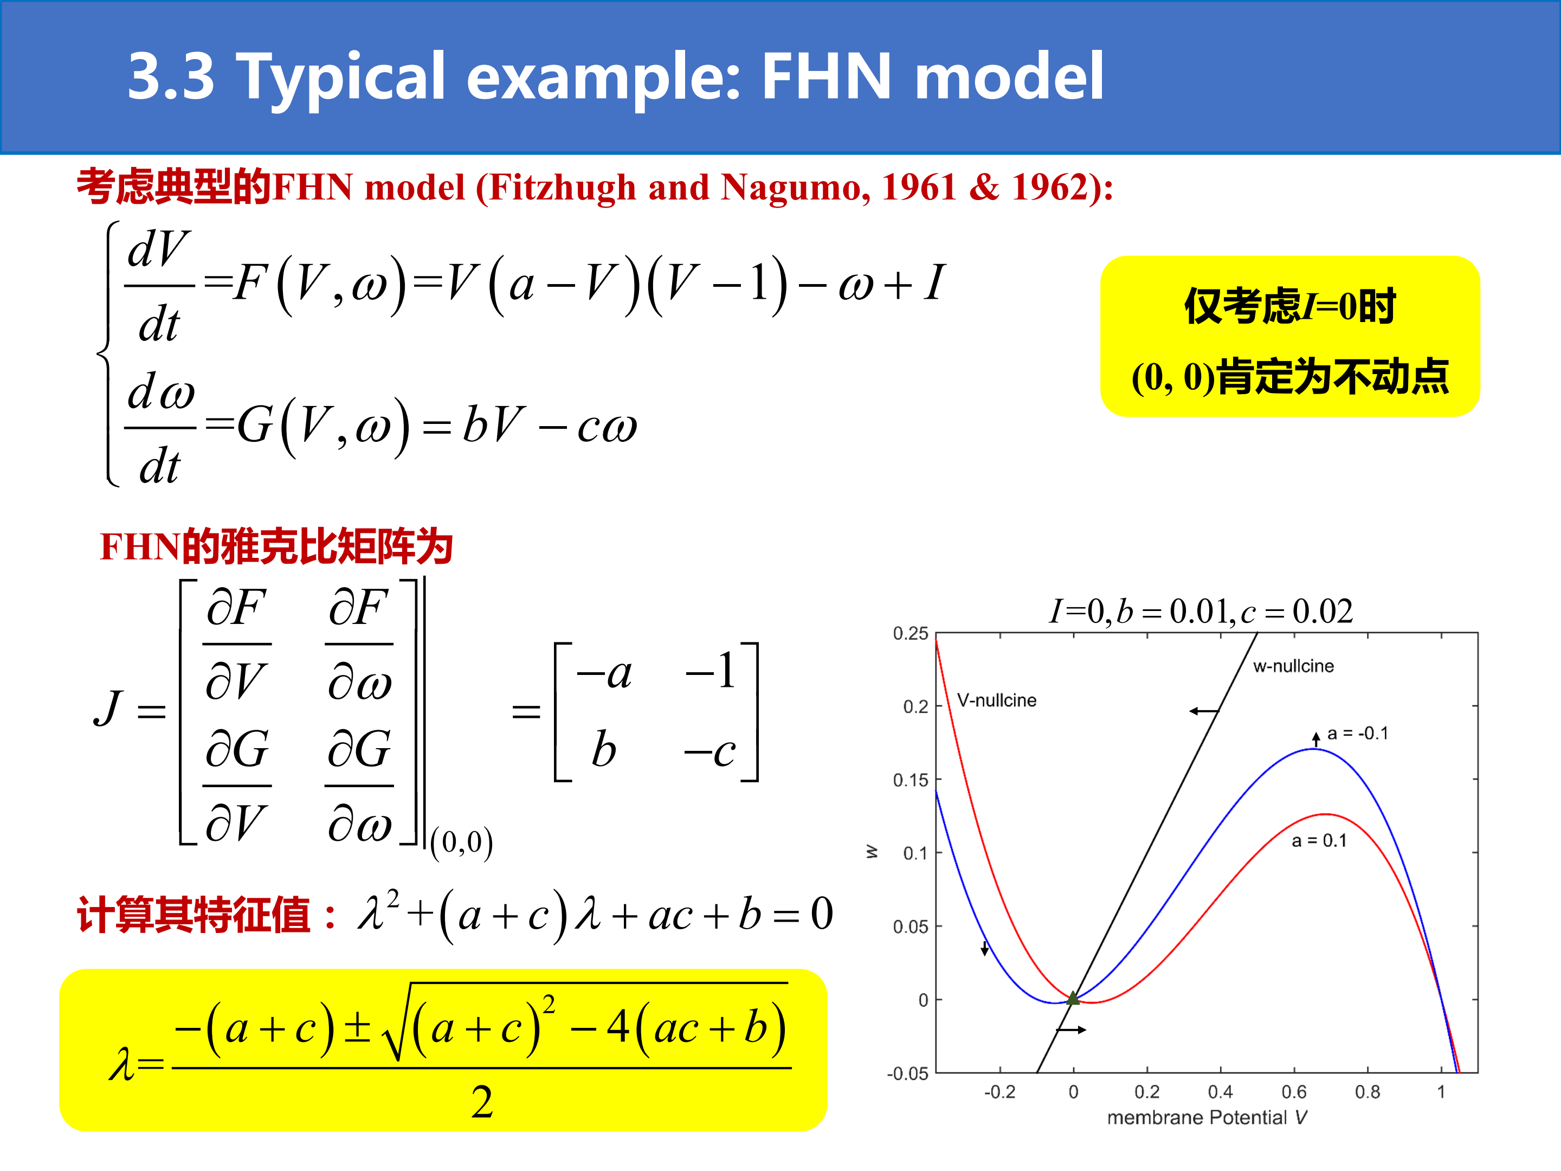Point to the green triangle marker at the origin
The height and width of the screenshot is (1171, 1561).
(1073, 998)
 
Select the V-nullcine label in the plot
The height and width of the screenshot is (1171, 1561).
(996, 700)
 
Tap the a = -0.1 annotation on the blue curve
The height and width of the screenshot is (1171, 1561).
(1358, 734)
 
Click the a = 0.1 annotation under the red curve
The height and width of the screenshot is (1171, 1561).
(1319, 841)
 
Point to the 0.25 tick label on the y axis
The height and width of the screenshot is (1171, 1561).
(911, 633)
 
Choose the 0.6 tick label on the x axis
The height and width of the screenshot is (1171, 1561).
(1294, 1092)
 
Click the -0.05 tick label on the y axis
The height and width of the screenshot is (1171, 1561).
(907, 1073)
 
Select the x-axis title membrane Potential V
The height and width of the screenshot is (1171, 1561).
(1207, 1117)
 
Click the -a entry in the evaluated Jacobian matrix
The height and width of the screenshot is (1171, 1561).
(604, 673)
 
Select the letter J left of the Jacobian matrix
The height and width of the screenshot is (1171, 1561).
(109, 708)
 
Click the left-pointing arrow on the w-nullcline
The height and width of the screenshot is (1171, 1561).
(1204, 711)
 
